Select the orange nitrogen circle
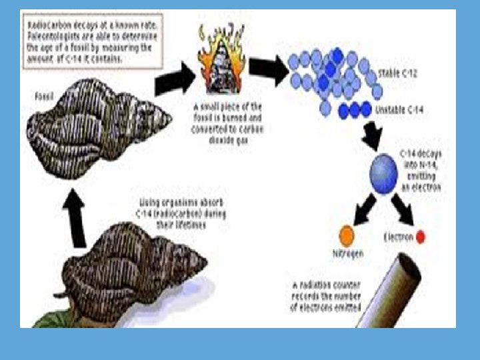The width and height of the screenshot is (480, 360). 346,235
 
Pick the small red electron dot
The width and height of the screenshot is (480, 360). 421,237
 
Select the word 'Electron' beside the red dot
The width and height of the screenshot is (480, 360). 399,237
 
